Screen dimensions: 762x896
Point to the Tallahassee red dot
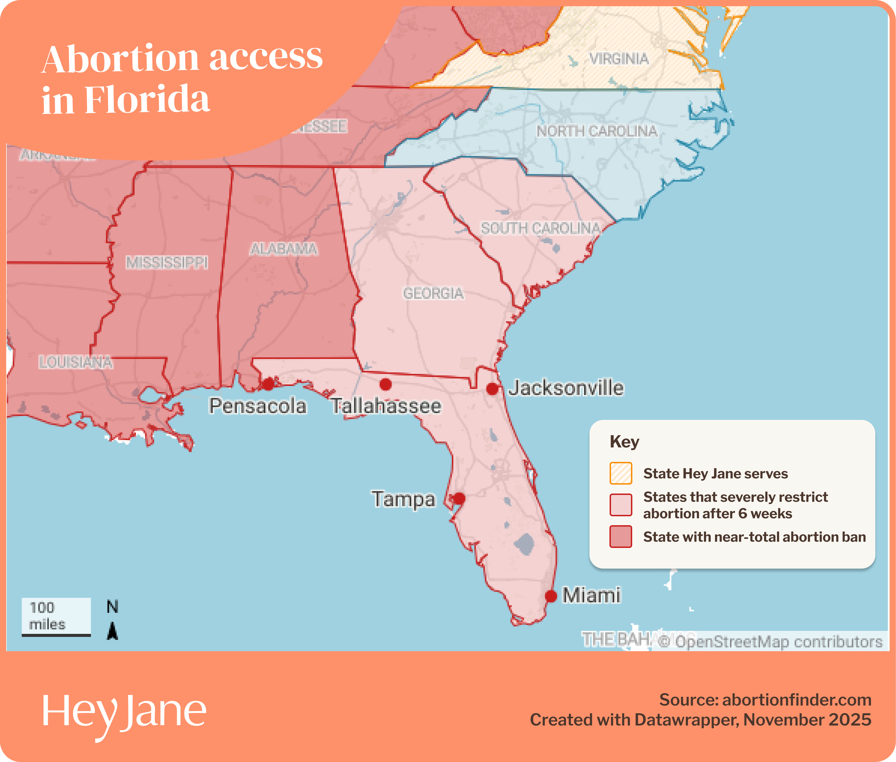(386, 384)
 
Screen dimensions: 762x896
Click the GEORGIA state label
(433, 293)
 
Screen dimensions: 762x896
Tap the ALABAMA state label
(283, 249)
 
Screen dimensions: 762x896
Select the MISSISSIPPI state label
(167, 262)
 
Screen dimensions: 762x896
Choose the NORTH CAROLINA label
(597, 131)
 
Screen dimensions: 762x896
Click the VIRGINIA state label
(619, 59)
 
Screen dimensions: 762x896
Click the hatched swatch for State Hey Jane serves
(621, 473)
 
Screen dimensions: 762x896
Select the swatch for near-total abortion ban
(621, 537)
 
